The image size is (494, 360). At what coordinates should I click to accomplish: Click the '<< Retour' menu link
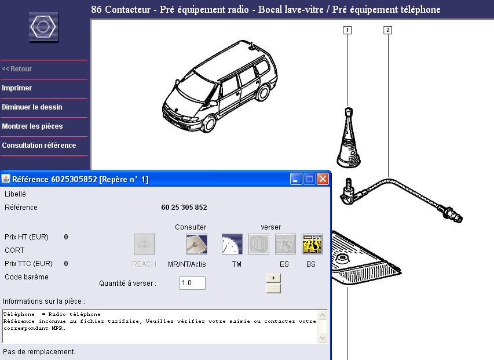[x=17, y=69]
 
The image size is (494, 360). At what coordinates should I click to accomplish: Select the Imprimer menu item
[x=17, y=88]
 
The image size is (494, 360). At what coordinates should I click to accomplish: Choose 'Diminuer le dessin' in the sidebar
[x=32, y=107]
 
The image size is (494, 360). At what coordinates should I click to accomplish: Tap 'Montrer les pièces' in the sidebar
[x=32, y=126]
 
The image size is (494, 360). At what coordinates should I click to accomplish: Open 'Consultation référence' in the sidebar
[x=39, y=146]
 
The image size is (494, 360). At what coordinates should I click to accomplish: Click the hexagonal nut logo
[x=43, y=27]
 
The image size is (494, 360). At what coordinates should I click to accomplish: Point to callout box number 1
[x=347, y=30]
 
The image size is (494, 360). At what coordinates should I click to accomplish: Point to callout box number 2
[x=387, y=30]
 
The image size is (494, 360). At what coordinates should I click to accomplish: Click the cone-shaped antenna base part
[x=348, y=138]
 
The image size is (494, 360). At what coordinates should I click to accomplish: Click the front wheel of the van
[x=208, y=123]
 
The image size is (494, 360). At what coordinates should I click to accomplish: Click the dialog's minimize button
[x=296, y=179]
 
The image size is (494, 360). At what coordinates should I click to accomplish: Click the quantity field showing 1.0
[x=192, y=283]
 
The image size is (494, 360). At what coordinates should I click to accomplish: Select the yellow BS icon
[x=312, y=244]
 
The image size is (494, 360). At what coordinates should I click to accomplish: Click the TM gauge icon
[x=232, y=244]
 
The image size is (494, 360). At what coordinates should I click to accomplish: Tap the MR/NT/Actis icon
[x=197, y=244]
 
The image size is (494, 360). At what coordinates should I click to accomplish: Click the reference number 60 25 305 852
[x=184, y=208]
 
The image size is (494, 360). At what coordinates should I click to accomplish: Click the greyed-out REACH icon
[x=144, y=244]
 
